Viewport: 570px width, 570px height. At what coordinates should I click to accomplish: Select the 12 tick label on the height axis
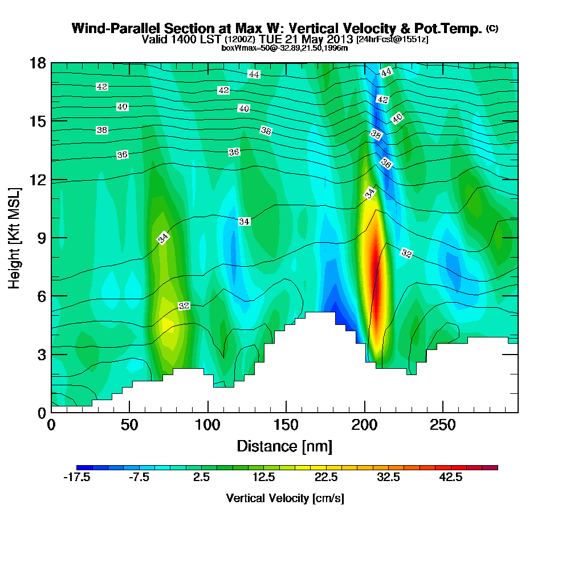click(x=39, y=179)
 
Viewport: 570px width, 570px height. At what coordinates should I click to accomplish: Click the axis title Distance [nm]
click(x=284, y=445)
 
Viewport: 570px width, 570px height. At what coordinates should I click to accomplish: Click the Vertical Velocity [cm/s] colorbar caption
click(x=285, y=498)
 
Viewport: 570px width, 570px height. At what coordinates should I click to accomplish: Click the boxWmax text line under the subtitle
click(x=284, y=48)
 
